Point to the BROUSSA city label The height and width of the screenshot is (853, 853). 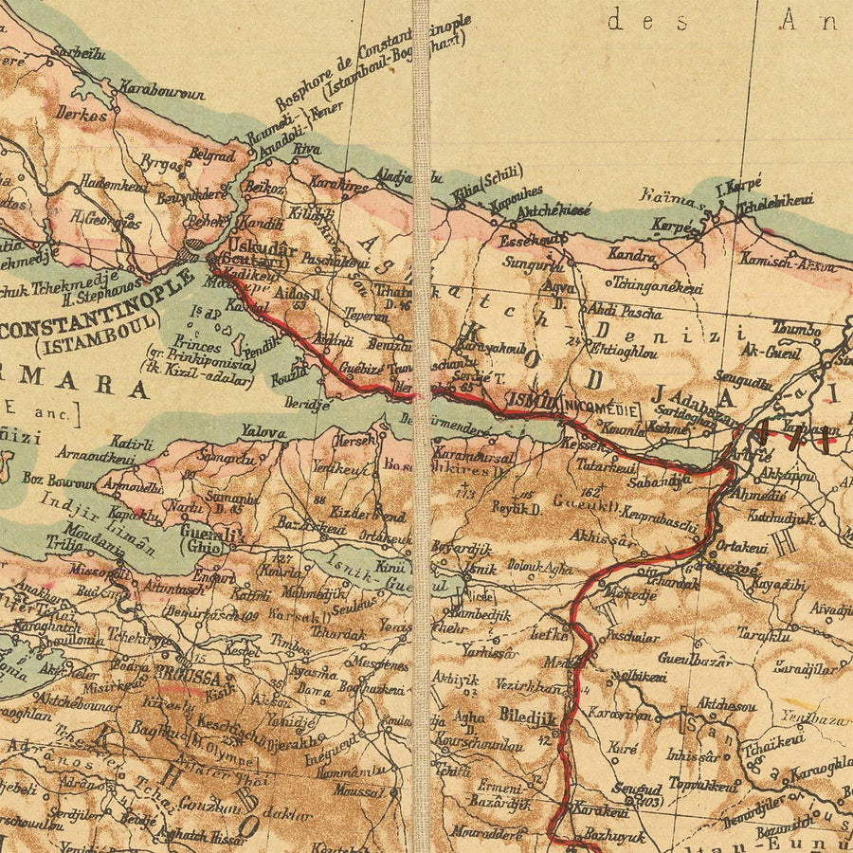(x=196, y=679)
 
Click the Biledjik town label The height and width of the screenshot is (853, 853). (x=526, y=717)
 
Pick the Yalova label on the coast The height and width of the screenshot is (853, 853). (x=263, y=433)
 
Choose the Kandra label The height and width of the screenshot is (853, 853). (x=631, y=256)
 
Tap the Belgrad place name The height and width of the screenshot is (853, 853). (x=211, y=154)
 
